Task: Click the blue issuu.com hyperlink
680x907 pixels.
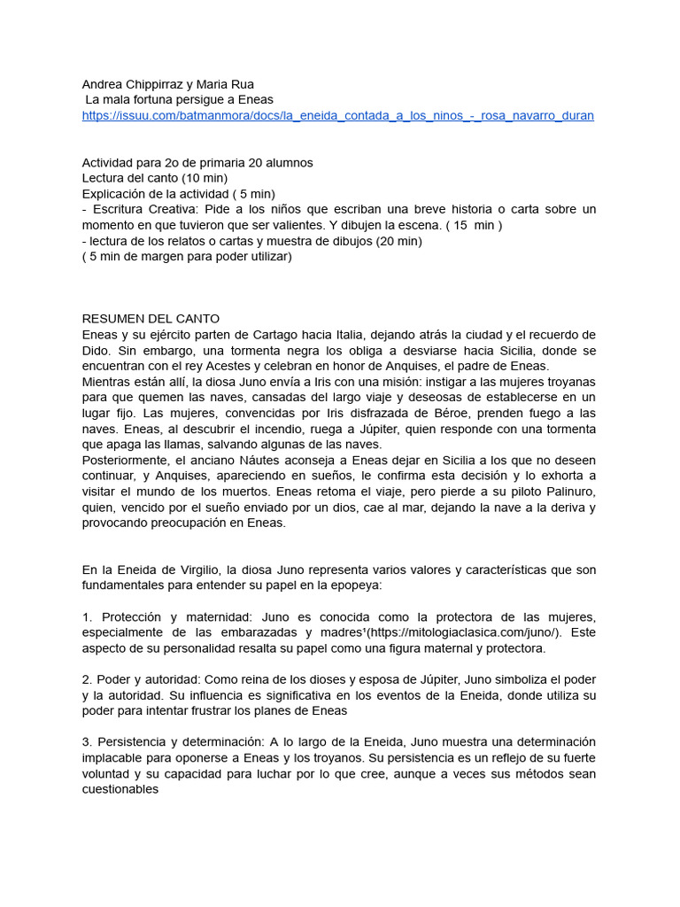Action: tap(337, 116)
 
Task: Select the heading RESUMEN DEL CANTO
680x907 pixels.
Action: tap(151, 318)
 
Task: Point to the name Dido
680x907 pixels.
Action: tap(97, 350)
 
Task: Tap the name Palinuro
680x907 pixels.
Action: tap(566, 492)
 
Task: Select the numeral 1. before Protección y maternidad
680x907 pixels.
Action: tap(87, 616)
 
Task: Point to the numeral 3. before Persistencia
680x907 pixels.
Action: tap(87, 742)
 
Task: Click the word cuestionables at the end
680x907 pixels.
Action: tap(120, 789)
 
